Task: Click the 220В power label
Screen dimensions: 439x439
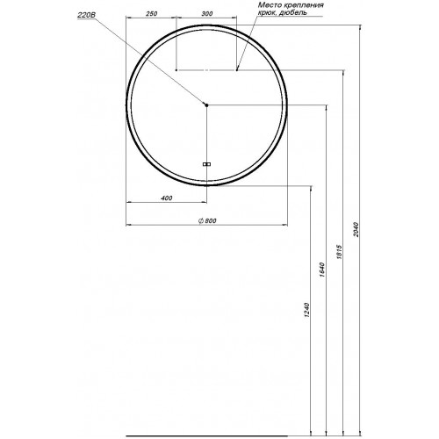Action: coord(86,15)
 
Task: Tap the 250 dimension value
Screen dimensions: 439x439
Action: coord(152,13)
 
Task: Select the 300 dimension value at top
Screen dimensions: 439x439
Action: coord(207,13)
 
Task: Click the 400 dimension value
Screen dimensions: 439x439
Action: coord(167,198)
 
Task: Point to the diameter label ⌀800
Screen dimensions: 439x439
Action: coord(207,220)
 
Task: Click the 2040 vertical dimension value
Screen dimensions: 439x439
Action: coord(356,229)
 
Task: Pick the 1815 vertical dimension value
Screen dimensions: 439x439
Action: coord(339,252)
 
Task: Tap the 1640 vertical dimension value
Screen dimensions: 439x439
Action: coord(322,270)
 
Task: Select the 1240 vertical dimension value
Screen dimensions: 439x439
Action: coord(306,311)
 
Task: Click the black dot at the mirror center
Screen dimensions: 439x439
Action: coord(206,104)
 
